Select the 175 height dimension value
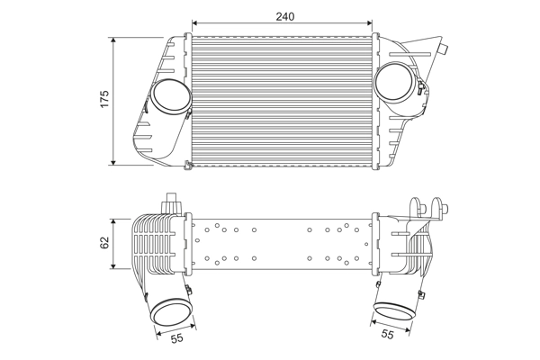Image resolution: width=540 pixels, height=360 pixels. click(x=104, y=101)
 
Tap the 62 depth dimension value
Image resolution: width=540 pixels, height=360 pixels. click(x=104, y=243)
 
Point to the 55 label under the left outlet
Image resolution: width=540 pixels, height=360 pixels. click(x=176, y=338)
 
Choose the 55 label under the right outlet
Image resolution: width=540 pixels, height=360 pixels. click(x=387, y=335)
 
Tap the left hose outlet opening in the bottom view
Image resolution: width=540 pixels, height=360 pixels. click(x=171, y=312)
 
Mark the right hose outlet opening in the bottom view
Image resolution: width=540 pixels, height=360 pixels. click(x=393, y=311)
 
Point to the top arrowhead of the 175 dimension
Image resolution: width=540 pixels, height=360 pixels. click(x=114, y=41)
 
